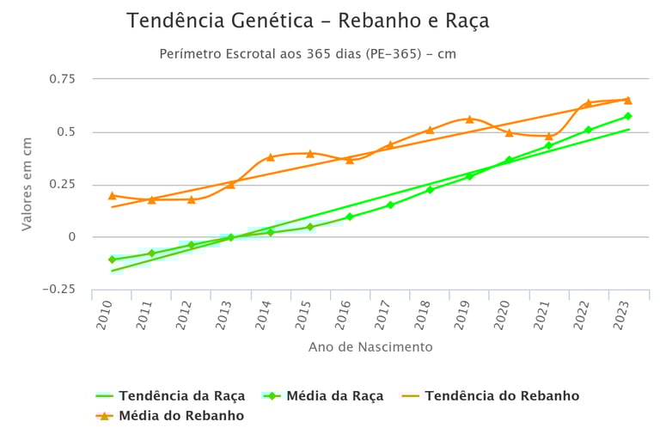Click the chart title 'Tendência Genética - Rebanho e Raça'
pos(308,21)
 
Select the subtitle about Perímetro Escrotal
pos(308,54)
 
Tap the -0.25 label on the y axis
pos(58,289)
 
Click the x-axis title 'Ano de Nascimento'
pos(370,347)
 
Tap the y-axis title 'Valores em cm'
pos(27,183)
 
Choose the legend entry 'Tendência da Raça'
pos(182,396)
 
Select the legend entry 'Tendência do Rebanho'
pos(502,396)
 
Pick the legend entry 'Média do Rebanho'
pos(181,416)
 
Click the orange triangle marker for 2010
pos(113,196)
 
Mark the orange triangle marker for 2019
pos(469,119)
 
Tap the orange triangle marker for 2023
pos(628,101)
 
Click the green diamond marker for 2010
pos(113,259)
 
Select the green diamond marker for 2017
pos(390,205)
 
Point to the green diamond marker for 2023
pos(628,116)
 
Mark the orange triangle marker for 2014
pos(271,157)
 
